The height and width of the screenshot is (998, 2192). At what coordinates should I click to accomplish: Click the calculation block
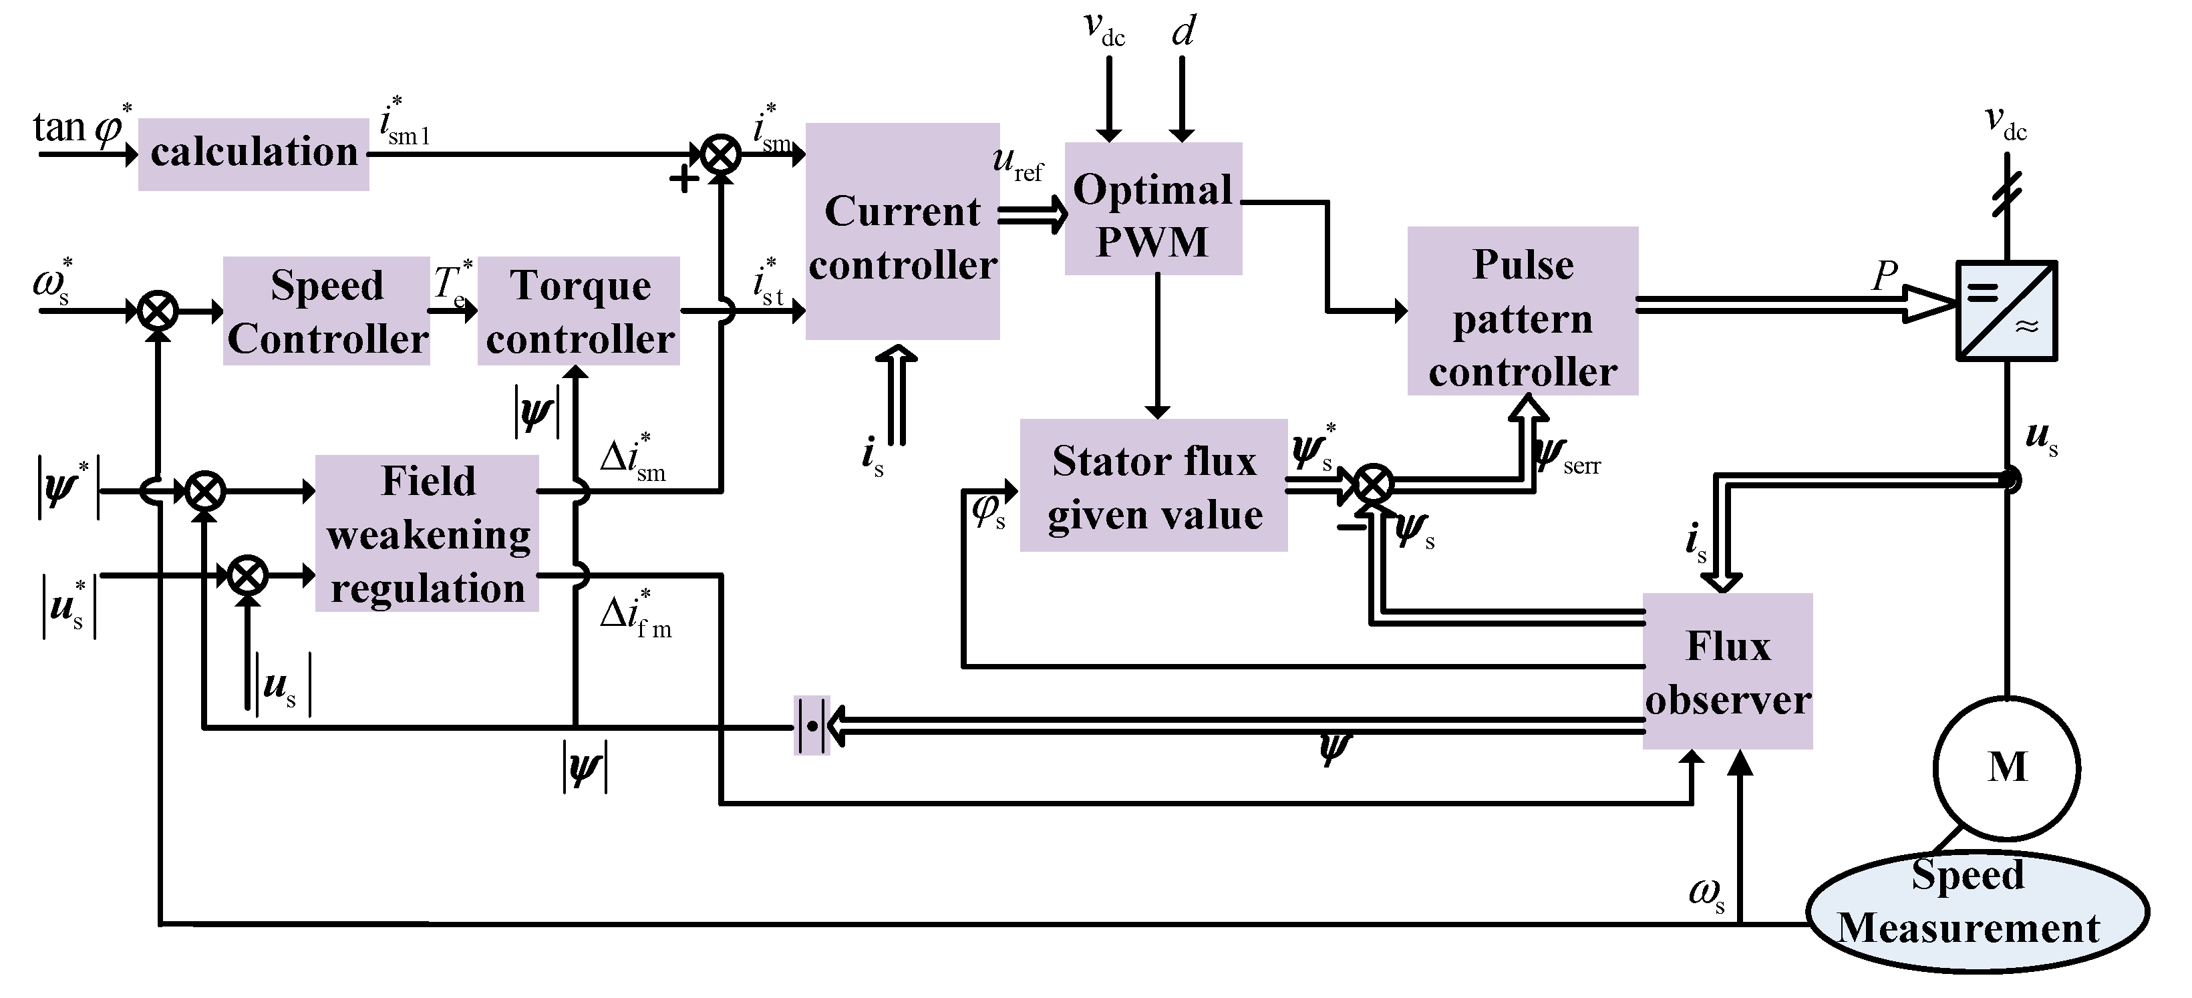[254, 154]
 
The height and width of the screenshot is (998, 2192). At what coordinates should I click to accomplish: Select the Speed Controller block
[327, 311]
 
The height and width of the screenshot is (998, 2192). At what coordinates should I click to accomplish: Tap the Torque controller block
[579, 311]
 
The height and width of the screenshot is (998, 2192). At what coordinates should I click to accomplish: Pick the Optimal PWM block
[1153, 209]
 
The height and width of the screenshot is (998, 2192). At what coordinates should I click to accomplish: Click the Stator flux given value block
[1153, 486]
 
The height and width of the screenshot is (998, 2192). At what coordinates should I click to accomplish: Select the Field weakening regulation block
[427, 534]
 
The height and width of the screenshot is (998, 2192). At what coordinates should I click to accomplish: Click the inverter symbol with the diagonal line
[2006, 311]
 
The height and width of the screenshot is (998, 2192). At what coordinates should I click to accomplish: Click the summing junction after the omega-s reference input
[158, 311]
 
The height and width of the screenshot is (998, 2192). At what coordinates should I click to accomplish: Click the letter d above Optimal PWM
[1183, 32]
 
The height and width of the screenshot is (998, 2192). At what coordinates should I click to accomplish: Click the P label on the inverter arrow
[1885, 276]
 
